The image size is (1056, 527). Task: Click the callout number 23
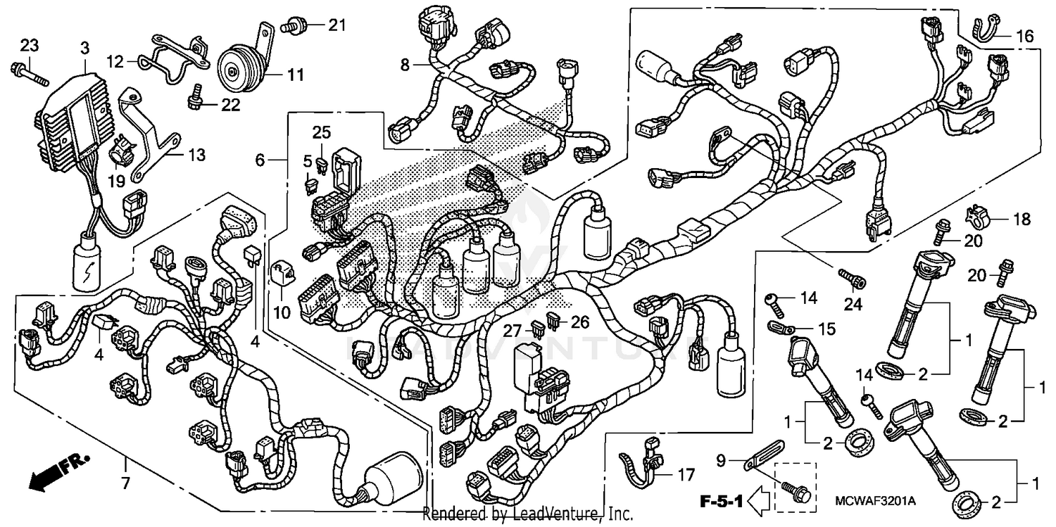click(27, 46)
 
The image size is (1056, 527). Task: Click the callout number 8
click(405, 65)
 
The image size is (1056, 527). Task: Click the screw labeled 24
click(855, 279)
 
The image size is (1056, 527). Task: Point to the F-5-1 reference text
click(721, 501)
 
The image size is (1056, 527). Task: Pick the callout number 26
click(579, 322)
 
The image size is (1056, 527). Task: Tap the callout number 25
click(321, 133)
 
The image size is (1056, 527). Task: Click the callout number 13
click(197, 155)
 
